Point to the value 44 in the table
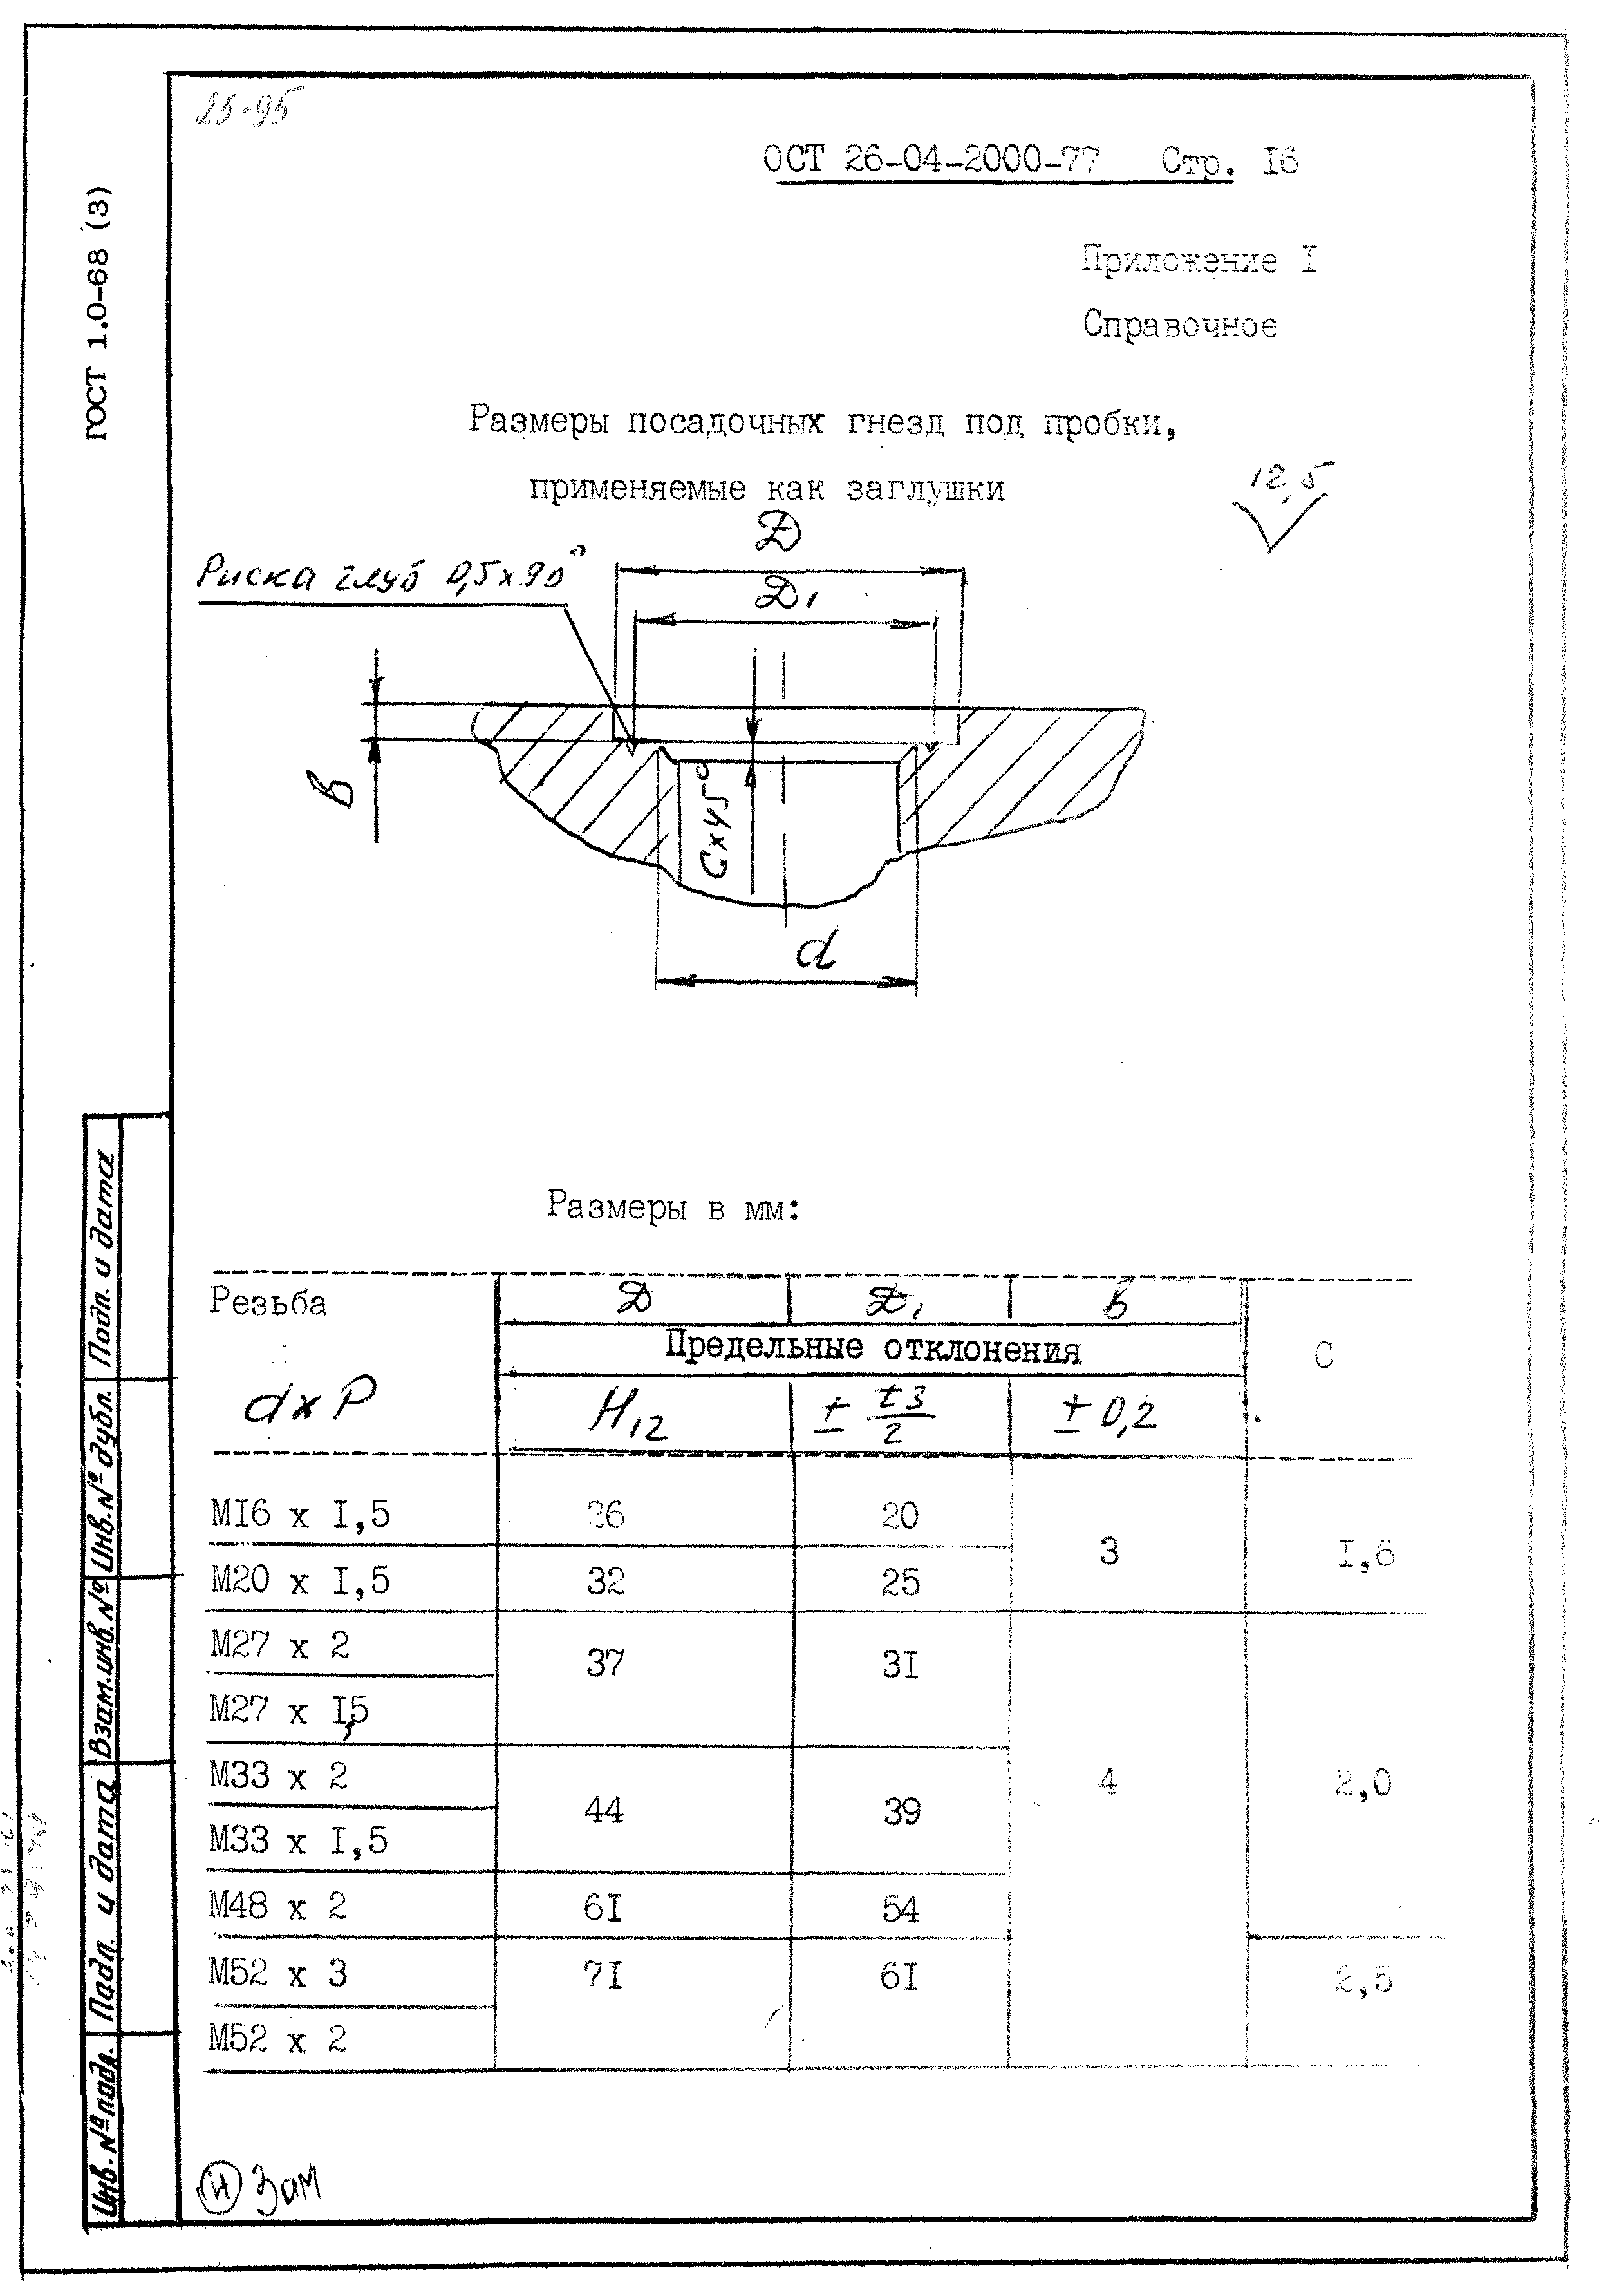point(604,1809)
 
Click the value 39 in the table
point(902,1811)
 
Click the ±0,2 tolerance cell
point(1107,1414)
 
